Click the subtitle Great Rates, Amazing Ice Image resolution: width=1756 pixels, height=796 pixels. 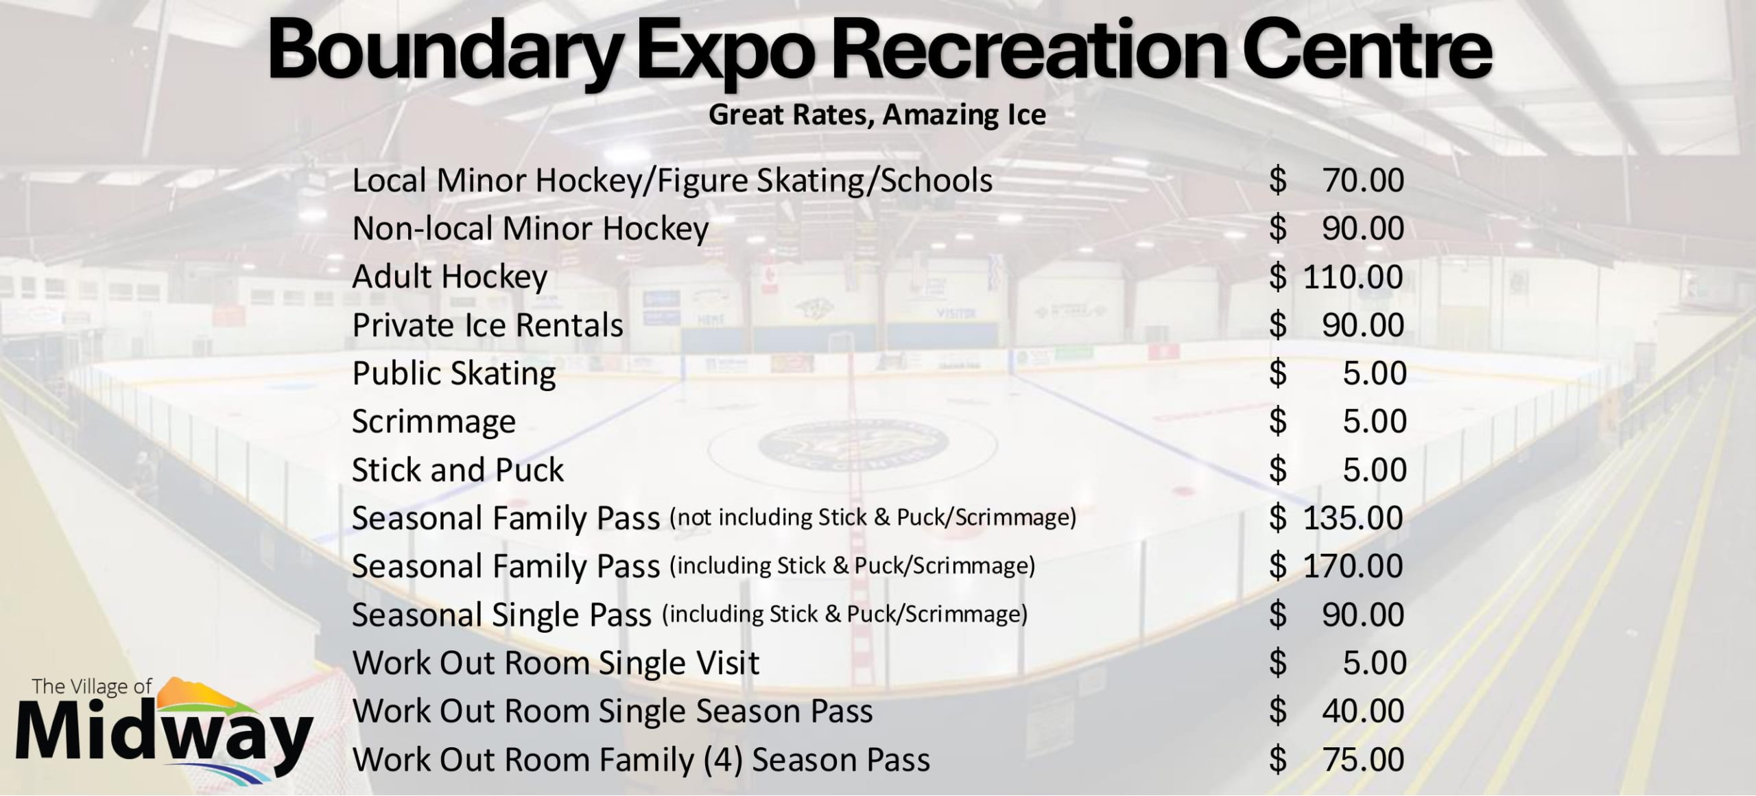pos(877,115)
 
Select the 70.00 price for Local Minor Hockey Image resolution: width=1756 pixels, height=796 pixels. pos(1363,180)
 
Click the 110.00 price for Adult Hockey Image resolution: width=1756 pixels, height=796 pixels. pos(1353,277)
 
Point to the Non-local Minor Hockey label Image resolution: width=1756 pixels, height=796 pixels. pos(530,229)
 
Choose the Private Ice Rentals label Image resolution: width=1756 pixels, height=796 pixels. pos(488,325)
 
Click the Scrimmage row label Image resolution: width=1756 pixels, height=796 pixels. pos(434,422)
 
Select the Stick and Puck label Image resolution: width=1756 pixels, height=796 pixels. pos(458,470)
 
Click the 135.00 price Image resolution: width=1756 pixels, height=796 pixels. pos(1353,518)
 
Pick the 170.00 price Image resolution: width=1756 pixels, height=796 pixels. pos(1353,566)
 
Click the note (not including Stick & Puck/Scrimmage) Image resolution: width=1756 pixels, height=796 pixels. pos(873,517)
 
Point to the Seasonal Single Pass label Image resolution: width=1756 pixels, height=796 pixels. pos(501,615)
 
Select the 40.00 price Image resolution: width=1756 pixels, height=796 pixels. pos(1363,711)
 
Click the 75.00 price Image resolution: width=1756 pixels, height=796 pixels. pos(1363,760)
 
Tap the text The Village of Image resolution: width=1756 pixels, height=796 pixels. pos(92,687)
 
